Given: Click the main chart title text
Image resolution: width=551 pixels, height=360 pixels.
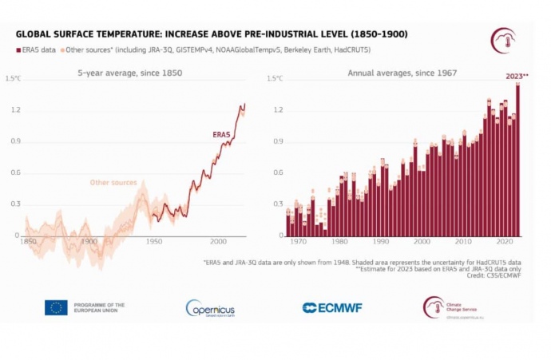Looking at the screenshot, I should click(213, 35).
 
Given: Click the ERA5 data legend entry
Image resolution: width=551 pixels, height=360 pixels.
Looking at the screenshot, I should click(38, 50).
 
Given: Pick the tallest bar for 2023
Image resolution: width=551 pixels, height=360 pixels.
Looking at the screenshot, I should click(517, 160).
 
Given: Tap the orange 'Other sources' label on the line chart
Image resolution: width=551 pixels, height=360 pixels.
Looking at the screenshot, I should click(113, 183).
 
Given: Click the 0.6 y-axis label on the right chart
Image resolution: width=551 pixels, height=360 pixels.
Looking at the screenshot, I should click(278, 172).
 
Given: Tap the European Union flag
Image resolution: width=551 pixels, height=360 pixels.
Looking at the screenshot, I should click(56, 307).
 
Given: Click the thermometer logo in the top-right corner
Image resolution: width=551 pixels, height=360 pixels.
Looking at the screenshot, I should click(502, 40).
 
